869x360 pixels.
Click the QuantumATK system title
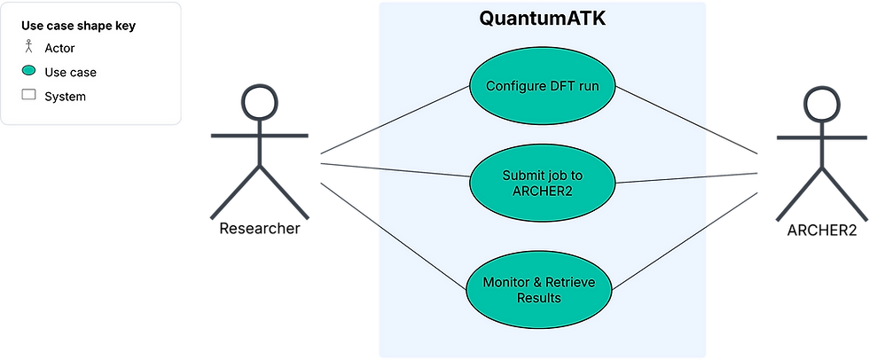[x=542, y=19]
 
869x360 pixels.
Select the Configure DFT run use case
[x=543, y=86]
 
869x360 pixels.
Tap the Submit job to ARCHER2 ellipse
[x=543, y=183]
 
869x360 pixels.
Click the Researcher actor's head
[x=259, y=103]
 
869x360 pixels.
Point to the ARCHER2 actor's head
[x=822, y=105]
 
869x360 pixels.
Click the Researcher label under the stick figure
[x=260, y=228]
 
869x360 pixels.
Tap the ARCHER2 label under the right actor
[x=822, y=231]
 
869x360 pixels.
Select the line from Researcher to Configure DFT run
[x=395, y=120]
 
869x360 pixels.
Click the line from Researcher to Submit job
[x=395, y=170]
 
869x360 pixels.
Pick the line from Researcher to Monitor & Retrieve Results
[x=393, y=236]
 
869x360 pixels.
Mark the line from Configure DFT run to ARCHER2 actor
[x=686, y=120]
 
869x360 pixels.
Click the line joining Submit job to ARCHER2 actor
[x=686, y=178]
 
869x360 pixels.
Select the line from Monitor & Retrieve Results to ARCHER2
[x=685, y=241]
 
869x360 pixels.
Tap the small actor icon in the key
[x=28, y=46]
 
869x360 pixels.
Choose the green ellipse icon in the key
[x=28, y=71]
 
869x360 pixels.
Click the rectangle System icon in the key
[x=28, y=95]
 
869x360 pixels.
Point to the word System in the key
[x=66, y=97]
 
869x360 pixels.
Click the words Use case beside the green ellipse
[x=70, y=73]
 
